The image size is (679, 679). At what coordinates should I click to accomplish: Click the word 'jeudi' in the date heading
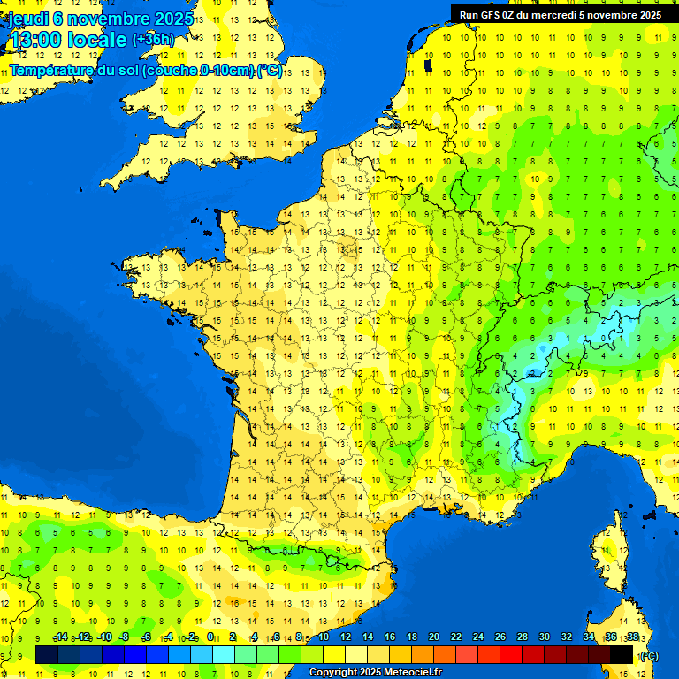point(27,19)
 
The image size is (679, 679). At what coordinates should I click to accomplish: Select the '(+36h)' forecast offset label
point(153,40)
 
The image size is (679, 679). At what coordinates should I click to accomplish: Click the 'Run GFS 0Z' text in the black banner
point(495,15)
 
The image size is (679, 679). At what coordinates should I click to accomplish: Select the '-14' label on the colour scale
point(60,637)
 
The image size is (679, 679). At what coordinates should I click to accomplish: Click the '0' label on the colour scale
point(210,637)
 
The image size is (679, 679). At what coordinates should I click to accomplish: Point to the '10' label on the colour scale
point(323,637)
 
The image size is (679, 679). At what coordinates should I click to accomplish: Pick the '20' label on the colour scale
point(433,637)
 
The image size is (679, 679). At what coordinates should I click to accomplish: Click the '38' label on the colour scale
point(633,637)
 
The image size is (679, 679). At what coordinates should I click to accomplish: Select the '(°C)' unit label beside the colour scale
point(649,655)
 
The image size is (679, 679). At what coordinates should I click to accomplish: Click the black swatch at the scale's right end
point(622,655)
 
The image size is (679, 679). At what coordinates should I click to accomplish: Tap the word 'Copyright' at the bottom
point(333,673)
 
